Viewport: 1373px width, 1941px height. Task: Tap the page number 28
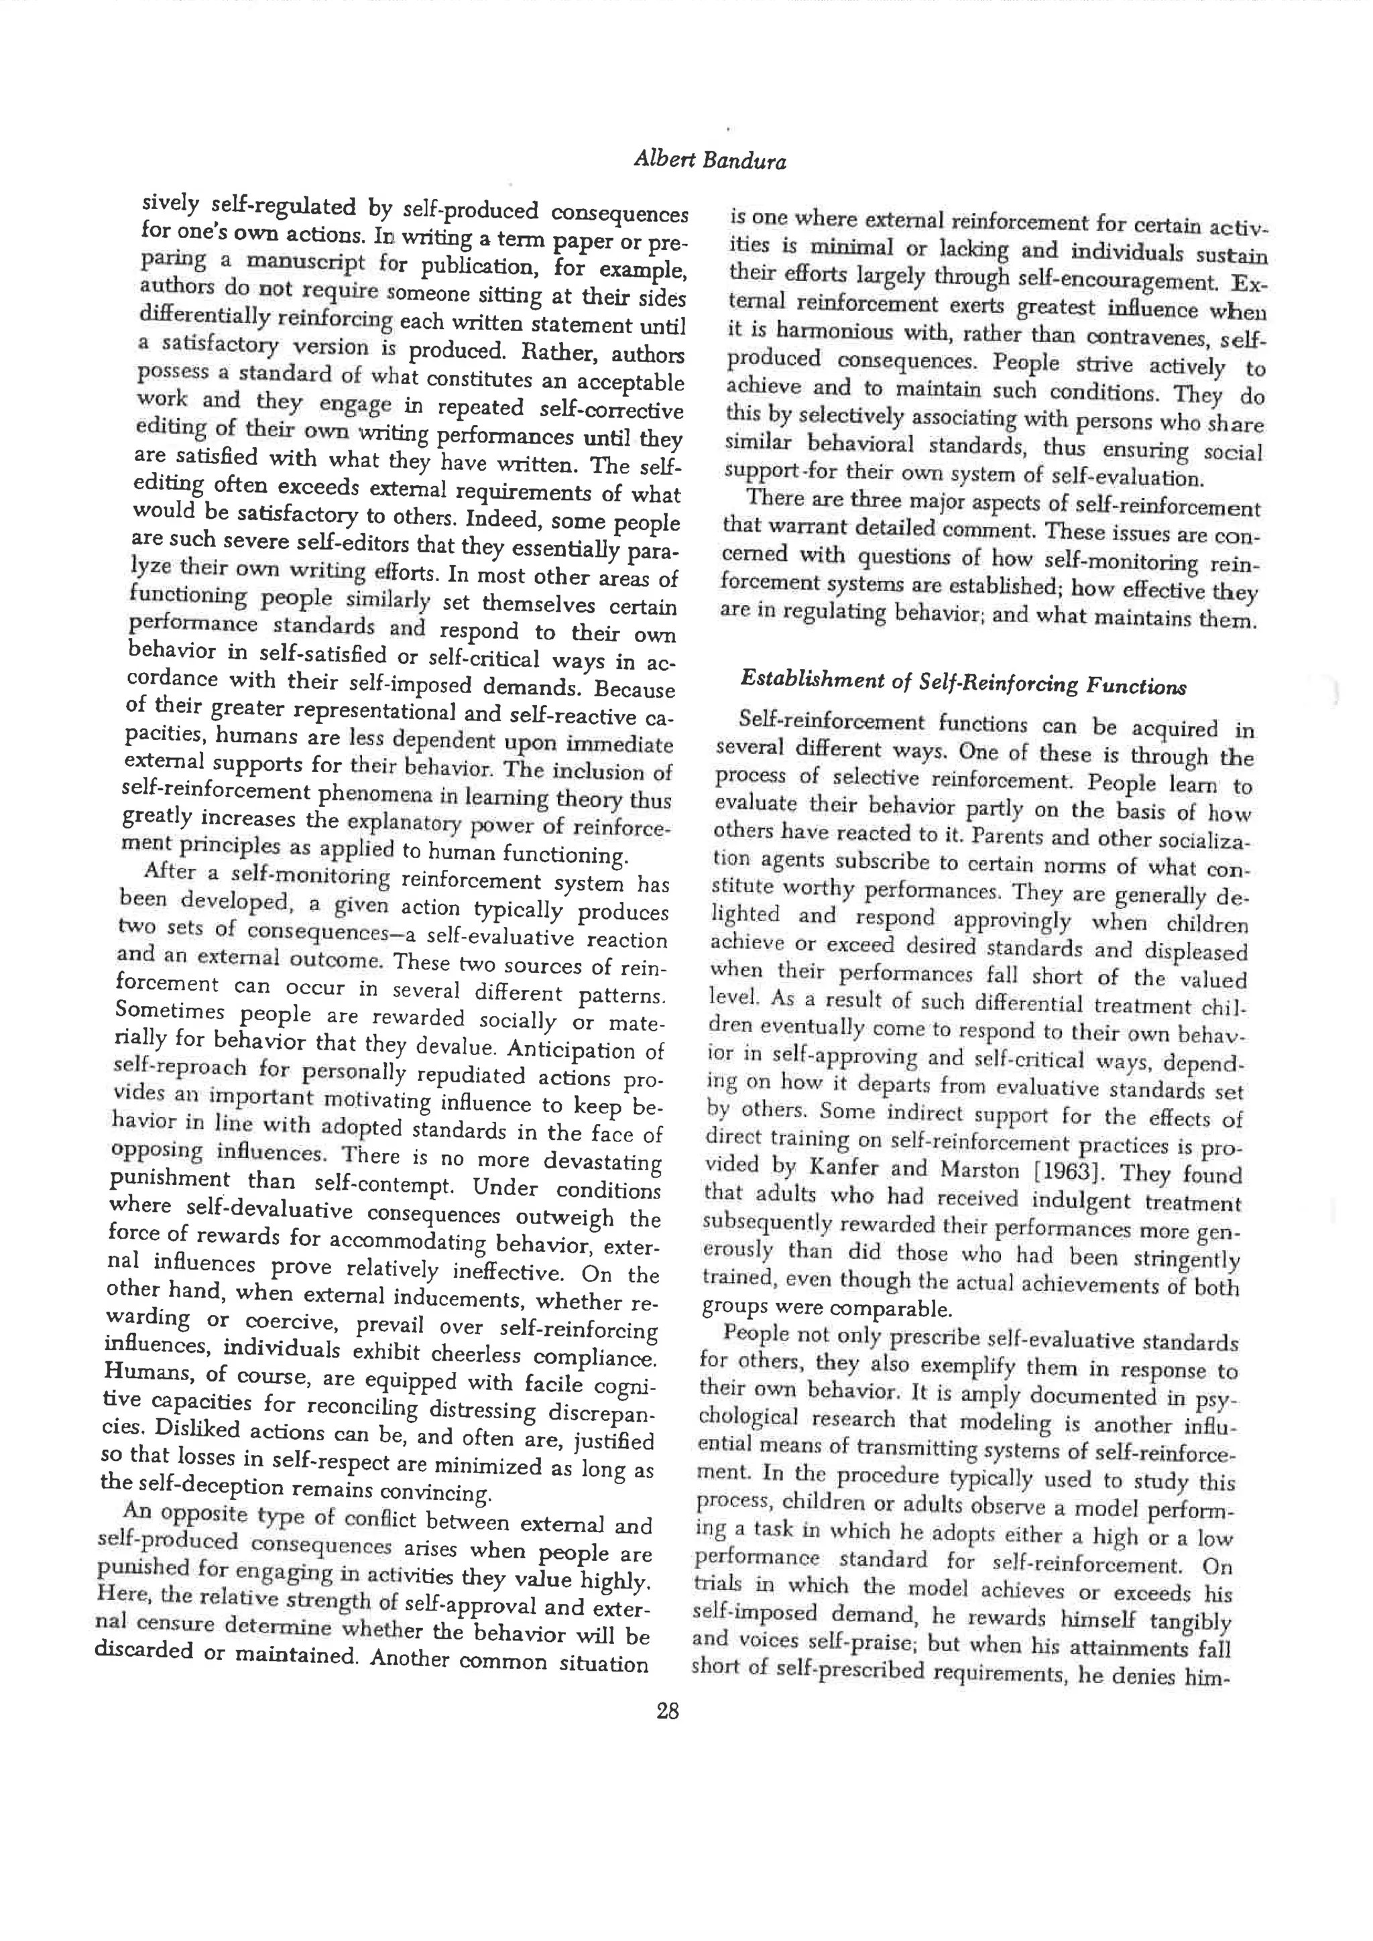[x=667, y=1712]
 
